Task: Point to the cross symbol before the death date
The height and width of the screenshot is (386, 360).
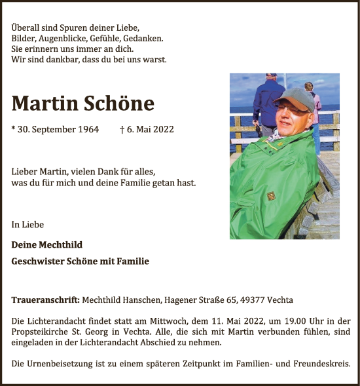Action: point(123,128)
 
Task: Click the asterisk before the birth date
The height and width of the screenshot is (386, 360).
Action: point(14,128)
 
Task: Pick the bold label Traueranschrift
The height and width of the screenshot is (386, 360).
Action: point(45,300)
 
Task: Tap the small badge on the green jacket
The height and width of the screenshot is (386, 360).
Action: point(270,195)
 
